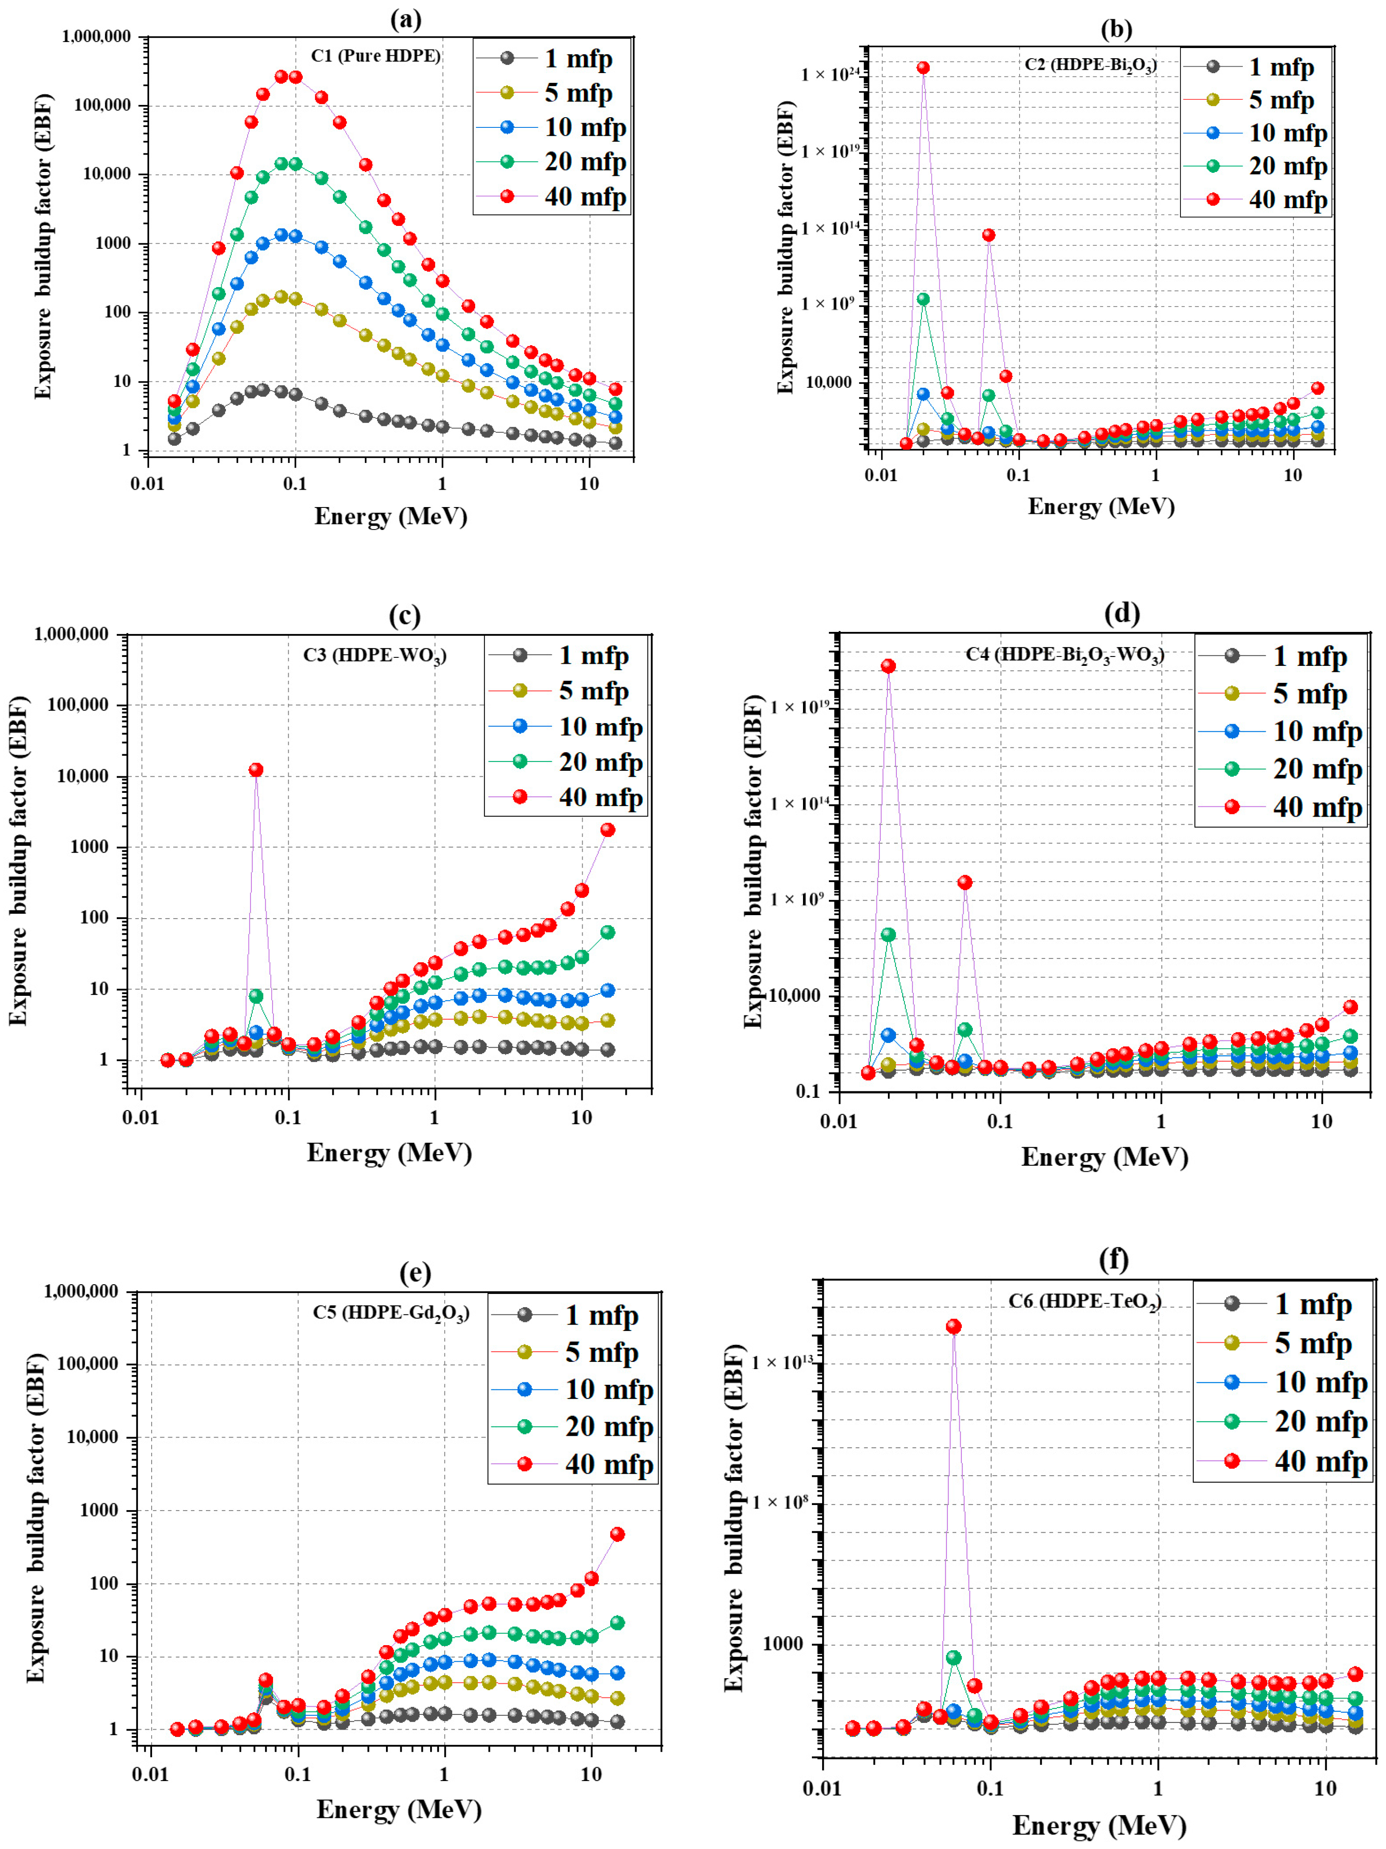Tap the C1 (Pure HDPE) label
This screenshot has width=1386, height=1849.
tap(375, 56)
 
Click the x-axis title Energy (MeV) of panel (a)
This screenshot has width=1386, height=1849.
tap(390, 516)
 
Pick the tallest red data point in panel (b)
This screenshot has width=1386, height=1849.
tap(923, 68)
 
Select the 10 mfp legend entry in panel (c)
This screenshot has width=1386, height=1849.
tap(600, 726)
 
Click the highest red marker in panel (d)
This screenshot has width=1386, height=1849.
tap(888, 666)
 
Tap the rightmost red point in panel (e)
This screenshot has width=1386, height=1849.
tap(618, 1534)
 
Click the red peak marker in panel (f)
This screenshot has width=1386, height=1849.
tap(953, 1327)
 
